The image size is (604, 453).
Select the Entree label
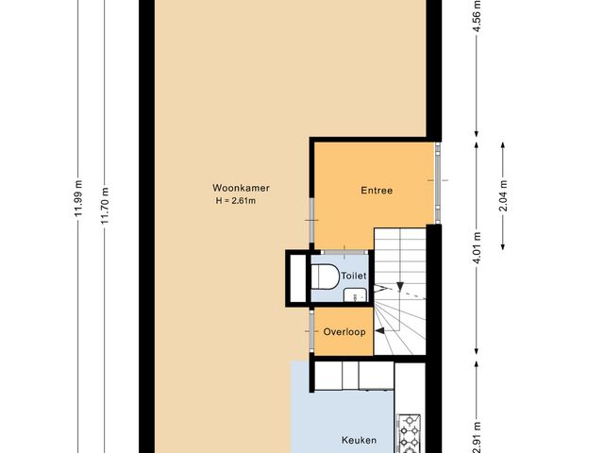pyautogui.click(x=377, y=191)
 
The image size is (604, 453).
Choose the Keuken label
pyautogui.click(x=359, y=440)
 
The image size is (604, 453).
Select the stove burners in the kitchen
pyautogui.click(x=411, y=431)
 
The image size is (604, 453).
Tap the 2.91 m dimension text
pyautogui.click(x=478, y=436)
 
